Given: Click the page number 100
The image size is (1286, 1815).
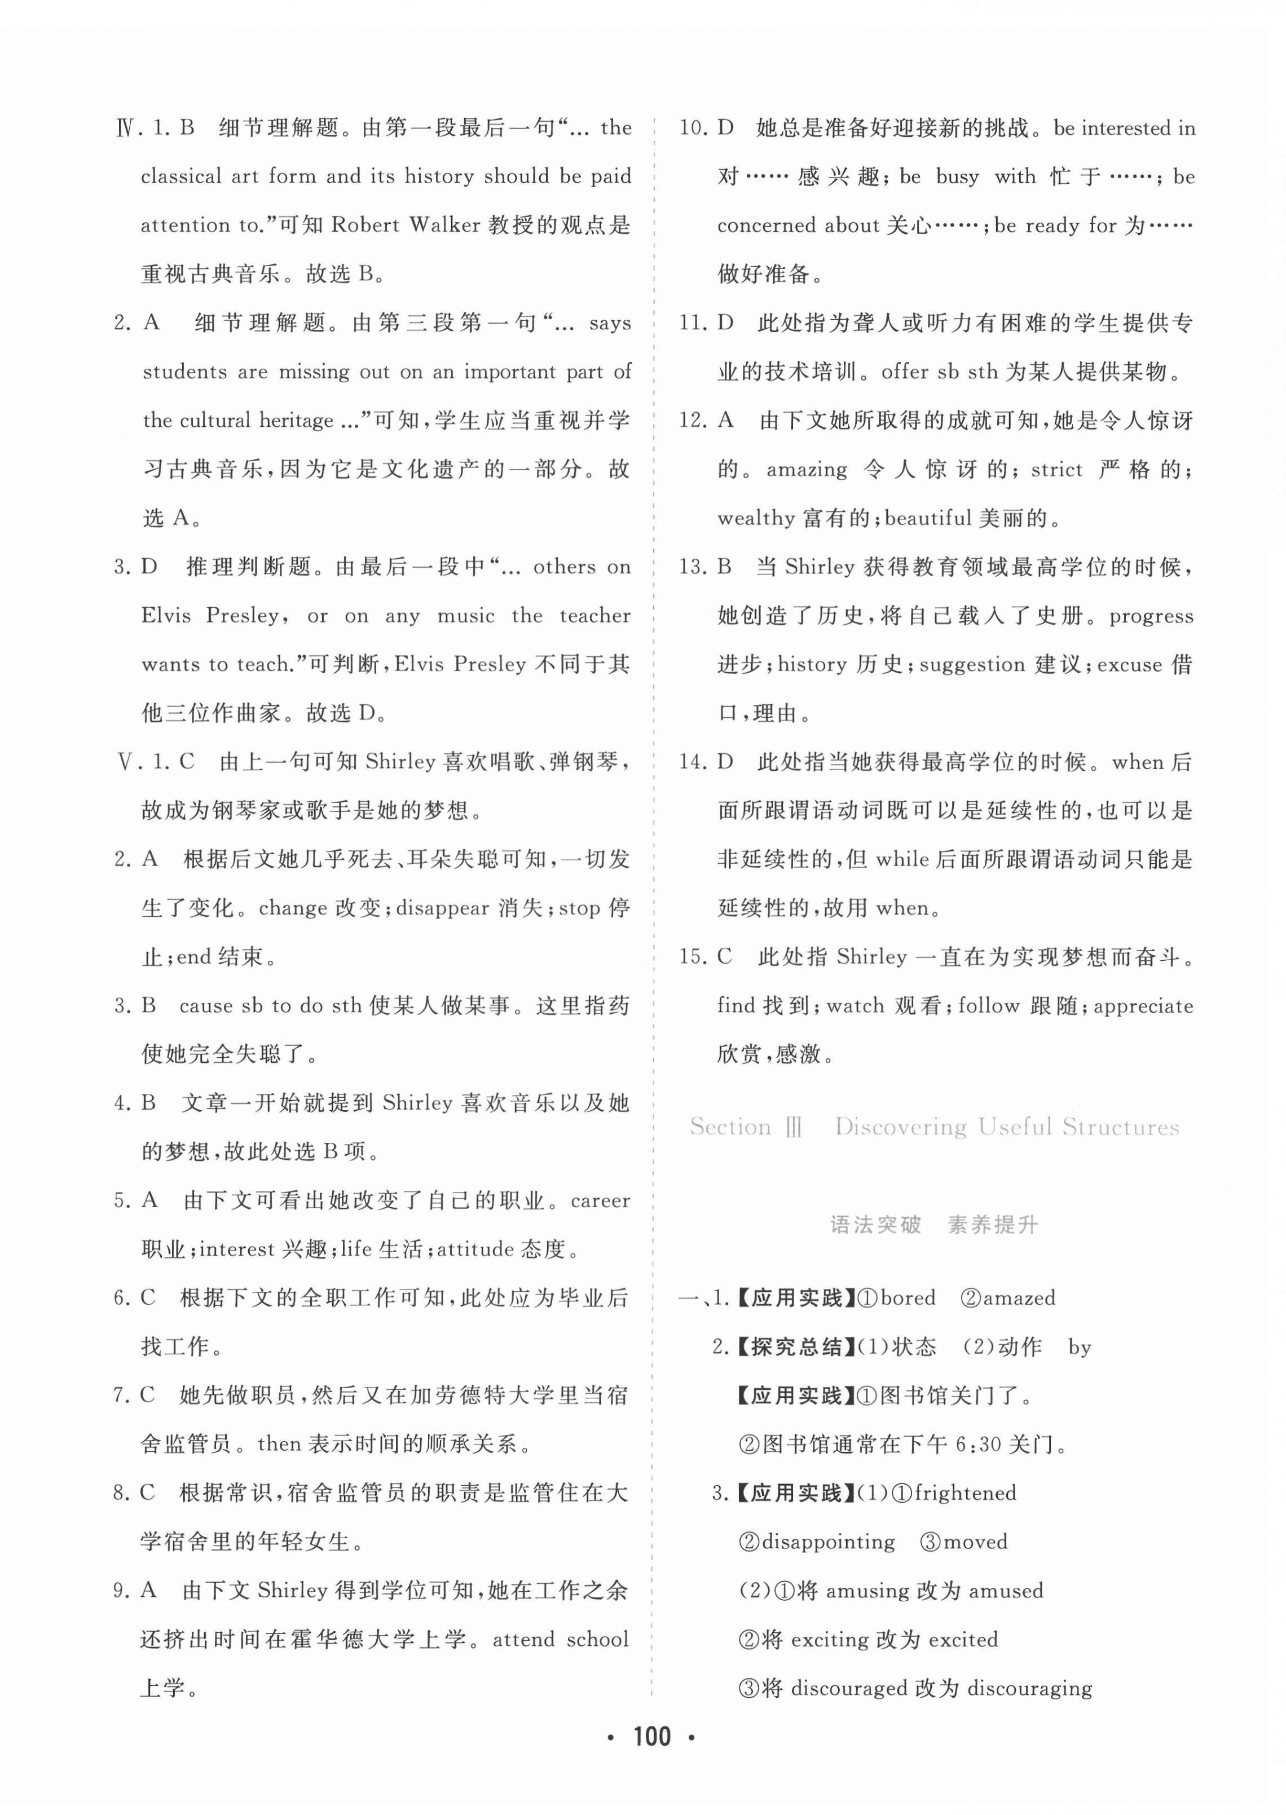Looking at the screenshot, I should point(651,1737).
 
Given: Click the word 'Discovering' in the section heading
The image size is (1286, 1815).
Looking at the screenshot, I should point(900,1127).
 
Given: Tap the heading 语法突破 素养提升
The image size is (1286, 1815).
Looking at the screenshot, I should point(933,1225).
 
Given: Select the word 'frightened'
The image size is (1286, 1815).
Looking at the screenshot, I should point(965,1493).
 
